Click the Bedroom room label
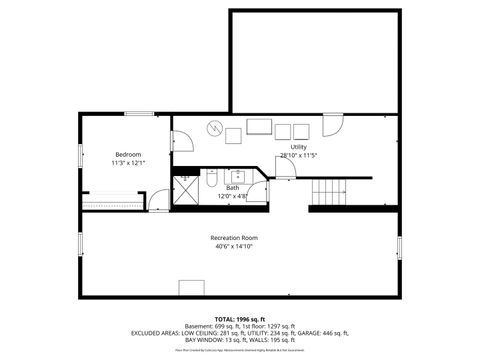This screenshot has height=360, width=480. tap(128, 154)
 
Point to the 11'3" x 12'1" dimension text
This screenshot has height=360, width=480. tap(128, 163)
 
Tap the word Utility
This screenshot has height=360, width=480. tap(298, 147)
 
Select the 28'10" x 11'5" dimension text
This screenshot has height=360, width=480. tap(298, 156)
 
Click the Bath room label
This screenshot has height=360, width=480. tap(232, 188)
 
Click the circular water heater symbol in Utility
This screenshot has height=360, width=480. tap(215, 127)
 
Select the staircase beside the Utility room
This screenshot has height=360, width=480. tap(331, 191)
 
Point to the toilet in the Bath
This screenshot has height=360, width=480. tap(213, 181)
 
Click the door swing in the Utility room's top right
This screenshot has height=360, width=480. tap(336, 126)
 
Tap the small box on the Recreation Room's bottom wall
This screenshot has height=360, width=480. tap(191, 289)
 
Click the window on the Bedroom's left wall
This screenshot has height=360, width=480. tap(79, 157)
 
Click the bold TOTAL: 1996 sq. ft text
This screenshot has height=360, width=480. tap(239, 317)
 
